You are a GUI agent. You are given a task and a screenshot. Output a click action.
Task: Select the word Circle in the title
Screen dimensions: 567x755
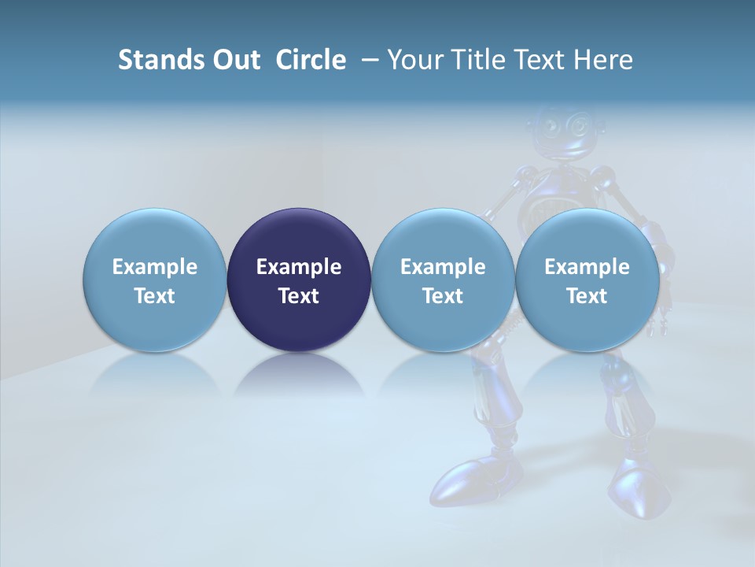tap(311, 60)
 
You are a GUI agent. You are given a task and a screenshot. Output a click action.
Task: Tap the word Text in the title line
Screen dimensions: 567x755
tap(533, 60)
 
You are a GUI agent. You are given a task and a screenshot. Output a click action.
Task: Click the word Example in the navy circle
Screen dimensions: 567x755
tap(299, 267)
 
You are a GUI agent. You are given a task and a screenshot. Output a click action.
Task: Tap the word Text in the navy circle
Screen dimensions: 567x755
tap(299, 296)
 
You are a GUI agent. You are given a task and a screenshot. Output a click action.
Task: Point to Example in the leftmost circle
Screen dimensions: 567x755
tap(154, 267)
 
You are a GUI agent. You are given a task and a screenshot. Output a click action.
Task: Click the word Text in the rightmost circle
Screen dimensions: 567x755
tap(587, 296)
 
